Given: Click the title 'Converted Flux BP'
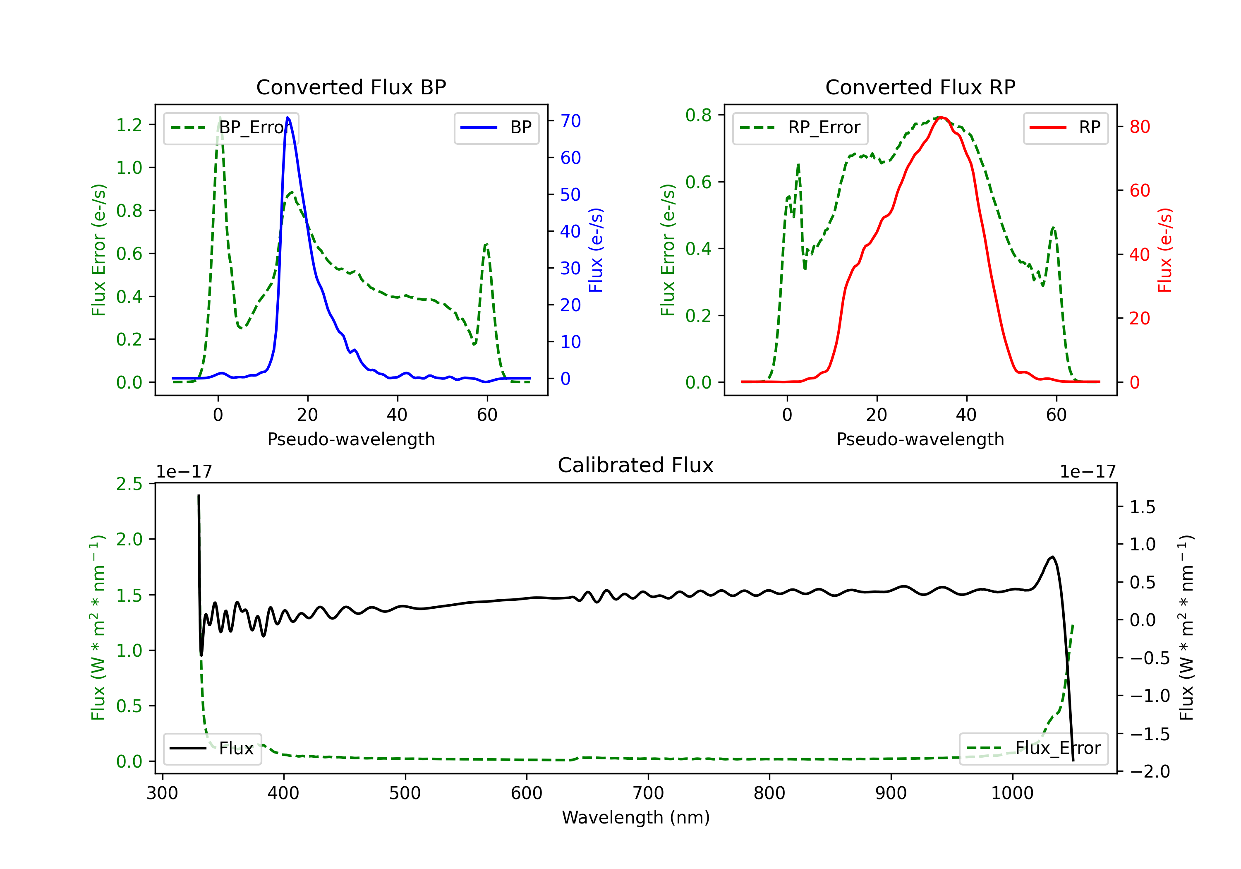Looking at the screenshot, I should pyautogui.click(x=351, y=87).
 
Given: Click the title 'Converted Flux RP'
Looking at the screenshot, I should pyautogui.click(x=920, y=87).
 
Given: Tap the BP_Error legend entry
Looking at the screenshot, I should pyautogui.click(x=231, y=127).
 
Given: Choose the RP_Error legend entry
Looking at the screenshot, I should pyautogui.click(x=800, y=127).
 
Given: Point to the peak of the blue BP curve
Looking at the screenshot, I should pyautogui.click(x=287, y=118).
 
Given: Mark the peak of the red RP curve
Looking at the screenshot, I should pyautogui.click(x=941, y=118).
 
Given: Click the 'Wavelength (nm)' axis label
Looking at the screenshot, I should pyautogui.click(x=636, y=817).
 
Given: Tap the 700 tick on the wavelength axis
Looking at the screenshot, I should pyautogui.click(x=648, y=793).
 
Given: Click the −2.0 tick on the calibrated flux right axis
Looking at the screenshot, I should pyautogui.click(x=1150, y=771).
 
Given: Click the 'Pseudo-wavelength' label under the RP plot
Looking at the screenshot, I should pyautogui.click(x=920, y=439).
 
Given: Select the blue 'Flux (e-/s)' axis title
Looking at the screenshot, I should pyautogui.click(x=596, y=250).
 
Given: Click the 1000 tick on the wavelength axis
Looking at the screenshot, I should pyautogui.click(x=1012, y=793).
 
